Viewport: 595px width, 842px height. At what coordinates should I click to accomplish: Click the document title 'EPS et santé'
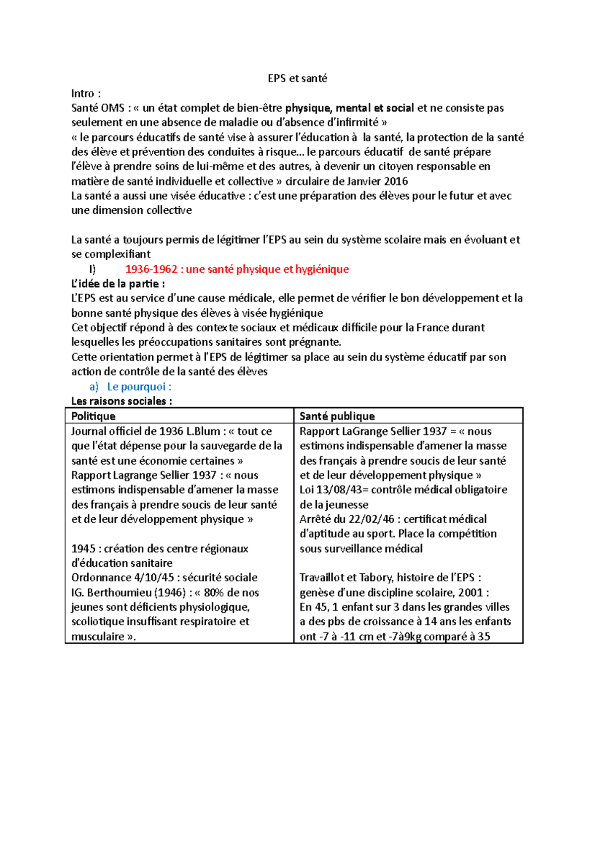pos(297,78)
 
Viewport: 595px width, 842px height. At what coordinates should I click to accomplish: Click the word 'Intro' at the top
pos(83,94)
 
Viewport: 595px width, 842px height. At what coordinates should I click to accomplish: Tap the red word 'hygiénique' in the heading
pos(322,269)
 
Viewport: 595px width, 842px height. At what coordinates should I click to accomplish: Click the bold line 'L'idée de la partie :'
pos(118,284)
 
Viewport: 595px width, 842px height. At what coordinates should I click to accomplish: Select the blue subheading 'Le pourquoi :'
pos(139,387)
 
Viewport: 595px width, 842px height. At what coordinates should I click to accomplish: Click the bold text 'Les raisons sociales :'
pos(121,401)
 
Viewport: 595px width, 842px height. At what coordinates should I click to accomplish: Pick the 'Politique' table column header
pos(93,416)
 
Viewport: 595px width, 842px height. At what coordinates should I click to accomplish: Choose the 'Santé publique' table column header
pos(337,416)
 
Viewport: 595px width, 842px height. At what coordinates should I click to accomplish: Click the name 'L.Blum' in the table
pos(203,431)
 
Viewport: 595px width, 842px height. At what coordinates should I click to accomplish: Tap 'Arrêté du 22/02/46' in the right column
pos(347,519)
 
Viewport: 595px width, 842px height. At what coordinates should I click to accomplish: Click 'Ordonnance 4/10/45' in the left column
pos(122,578)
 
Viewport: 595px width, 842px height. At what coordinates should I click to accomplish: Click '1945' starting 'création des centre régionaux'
pos(83,549)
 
